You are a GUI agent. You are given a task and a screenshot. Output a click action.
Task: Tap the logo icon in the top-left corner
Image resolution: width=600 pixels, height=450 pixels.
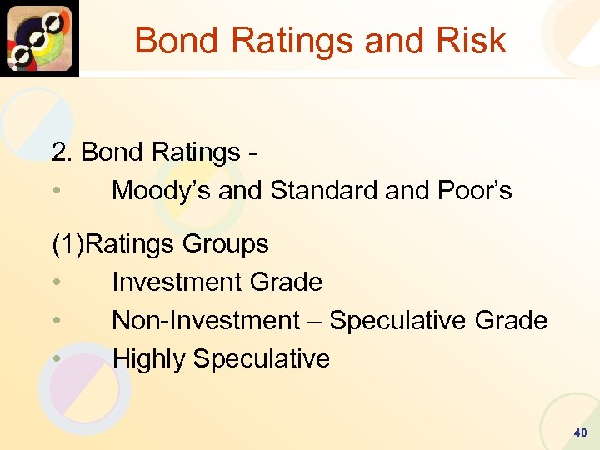click(39, 38)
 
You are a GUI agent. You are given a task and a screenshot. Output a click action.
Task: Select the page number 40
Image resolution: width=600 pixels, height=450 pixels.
click(580, 432)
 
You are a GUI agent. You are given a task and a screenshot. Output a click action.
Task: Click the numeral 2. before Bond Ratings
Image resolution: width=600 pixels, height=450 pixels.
click(62, 152)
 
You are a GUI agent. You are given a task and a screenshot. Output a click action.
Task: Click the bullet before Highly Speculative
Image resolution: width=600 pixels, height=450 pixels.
click(56, 359)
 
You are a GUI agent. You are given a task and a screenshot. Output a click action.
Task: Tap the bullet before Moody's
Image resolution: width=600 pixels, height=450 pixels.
click(56, 191)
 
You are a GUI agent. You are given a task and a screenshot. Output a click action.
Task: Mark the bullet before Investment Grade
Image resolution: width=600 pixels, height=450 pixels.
click(56, 282)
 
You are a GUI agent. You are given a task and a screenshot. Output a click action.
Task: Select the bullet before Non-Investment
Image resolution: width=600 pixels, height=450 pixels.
click(56, 321)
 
